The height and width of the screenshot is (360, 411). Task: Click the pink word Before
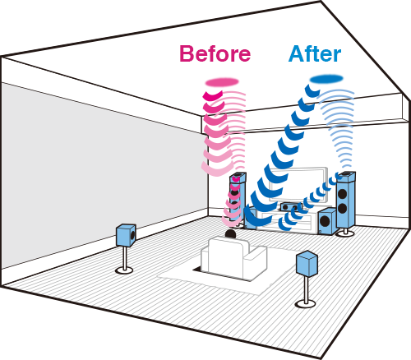[215, 53]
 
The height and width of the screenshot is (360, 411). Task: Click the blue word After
[315, 53]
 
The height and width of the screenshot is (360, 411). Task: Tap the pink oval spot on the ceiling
[222, 81]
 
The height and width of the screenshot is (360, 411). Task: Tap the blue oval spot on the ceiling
[326, 79]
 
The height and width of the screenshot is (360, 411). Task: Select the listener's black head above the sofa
[230, 233]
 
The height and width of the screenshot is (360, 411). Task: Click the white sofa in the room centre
[233, 257]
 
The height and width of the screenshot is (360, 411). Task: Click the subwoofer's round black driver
[325, 221]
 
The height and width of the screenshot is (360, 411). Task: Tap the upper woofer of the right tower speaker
[343, 194]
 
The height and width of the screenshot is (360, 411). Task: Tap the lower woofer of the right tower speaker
[343, 209]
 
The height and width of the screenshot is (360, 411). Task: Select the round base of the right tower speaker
[345, 233]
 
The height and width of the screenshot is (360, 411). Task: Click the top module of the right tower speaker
[346, 177]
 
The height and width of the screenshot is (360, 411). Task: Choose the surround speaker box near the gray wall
[126, 235]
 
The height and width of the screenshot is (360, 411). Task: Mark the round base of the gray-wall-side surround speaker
[124, 270]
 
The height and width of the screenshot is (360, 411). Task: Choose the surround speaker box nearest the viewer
[307, 264]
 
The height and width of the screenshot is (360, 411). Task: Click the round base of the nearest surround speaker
[305, 303]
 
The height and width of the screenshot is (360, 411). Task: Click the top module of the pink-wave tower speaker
[238, 178]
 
